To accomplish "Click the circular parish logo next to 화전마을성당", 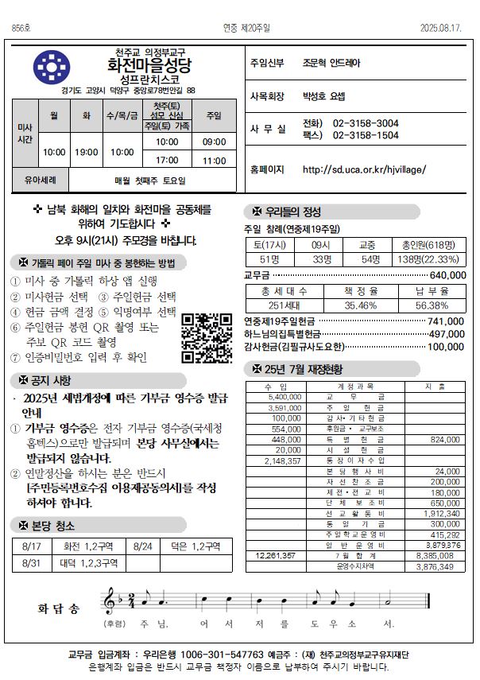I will pyautogui.click(x=52, y=68).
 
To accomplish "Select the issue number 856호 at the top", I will pyautogui.click(x=21, y=28).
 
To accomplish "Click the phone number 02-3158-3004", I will pyautogui.click(x=366, y=123).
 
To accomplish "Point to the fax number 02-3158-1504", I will pyautogui.click(x=366, y=135).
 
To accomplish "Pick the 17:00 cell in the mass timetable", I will pyautogui.click(x=167, y=160).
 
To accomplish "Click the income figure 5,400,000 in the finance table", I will pyautogui.click(x=286, y=396).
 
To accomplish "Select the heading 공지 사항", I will pyautogui.click(x=52, y=380).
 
